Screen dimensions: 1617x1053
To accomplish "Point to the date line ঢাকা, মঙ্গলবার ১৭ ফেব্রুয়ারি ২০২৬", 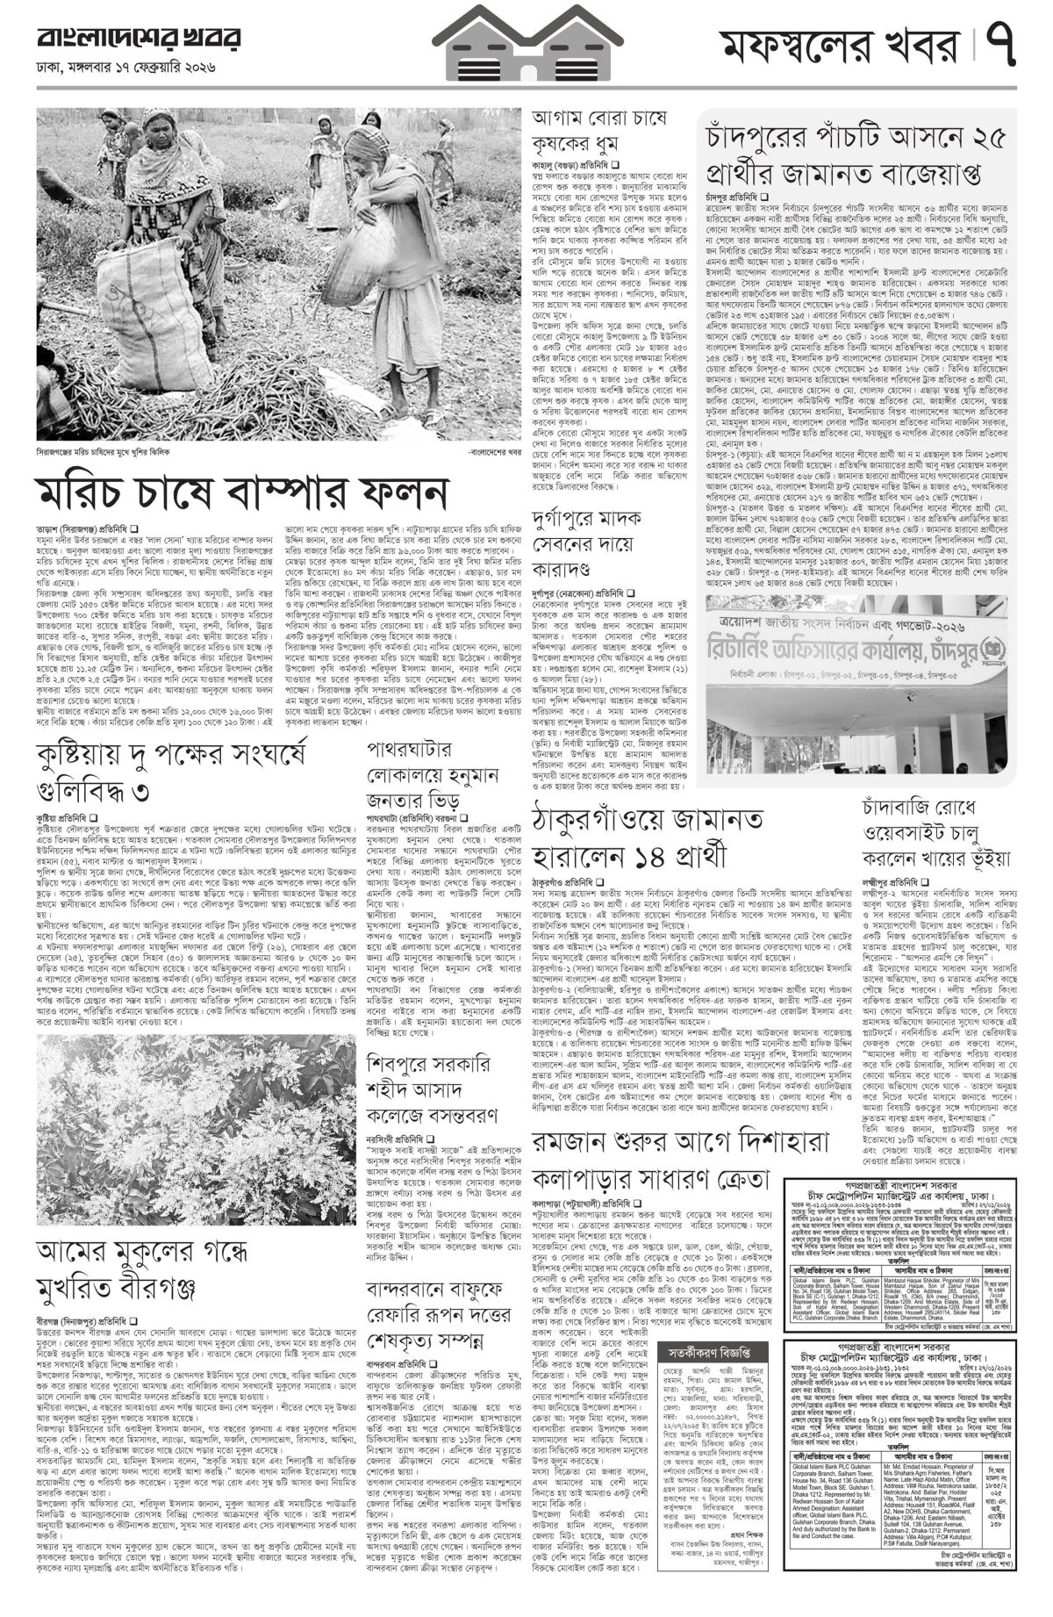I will (x=125, y=68).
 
